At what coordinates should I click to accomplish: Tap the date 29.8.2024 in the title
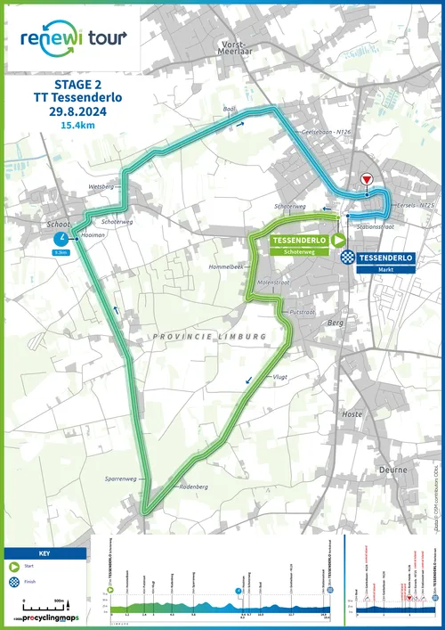pos(79,112)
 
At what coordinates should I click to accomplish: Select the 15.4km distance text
pos(79,127)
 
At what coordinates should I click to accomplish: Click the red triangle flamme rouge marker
pos(366,180)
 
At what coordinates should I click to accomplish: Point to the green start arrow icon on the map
pos(339,241)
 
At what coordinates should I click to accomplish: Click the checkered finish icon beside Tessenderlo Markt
pos(349,258)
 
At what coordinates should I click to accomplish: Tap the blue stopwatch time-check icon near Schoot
pos(61,239)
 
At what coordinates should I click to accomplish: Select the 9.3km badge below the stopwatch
pos(61,253)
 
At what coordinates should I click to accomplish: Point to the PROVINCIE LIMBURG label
pos(209,336)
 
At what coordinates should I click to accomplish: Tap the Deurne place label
pos(392,469)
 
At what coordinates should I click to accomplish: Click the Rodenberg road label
pos(193,487)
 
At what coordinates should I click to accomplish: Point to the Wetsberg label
pos(102,187)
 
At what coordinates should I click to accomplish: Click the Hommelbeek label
pos(225,266)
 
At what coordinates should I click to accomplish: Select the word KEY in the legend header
pos(45,553)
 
